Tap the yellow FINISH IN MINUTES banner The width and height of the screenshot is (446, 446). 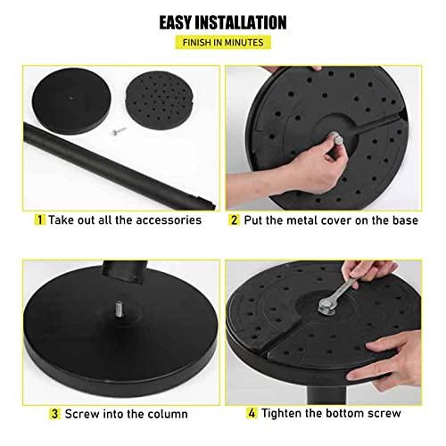click(x=223, y=42)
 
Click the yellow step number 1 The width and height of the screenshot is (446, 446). click(x=39, y=220)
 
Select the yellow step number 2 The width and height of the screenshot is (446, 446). click(x=235, y=220)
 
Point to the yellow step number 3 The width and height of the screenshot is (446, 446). click(x=54, y=414)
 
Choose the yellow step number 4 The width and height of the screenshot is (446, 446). click(x=252, y=413)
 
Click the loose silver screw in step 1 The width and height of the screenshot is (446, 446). click(x=119, y=130)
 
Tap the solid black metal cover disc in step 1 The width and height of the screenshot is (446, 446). click(x=71, y=101)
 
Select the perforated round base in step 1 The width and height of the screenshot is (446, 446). click(x=160, y=100)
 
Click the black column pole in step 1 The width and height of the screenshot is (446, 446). click(x=119, y=167)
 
